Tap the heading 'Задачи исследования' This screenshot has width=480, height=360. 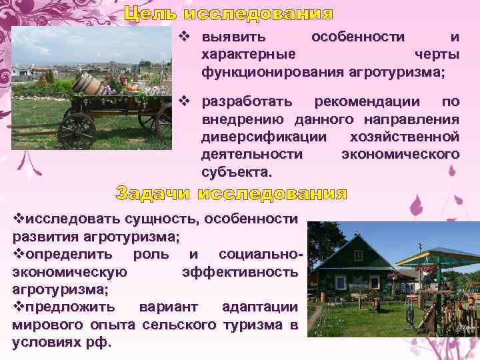[x=231, y=194]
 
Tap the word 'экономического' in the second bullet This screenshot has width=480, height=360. [x=400, y=155]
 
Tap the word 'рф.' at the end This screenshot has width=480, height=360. [x=101, y=343]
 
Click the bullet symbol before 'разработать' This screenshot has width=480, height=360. [x=187, y=102]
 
